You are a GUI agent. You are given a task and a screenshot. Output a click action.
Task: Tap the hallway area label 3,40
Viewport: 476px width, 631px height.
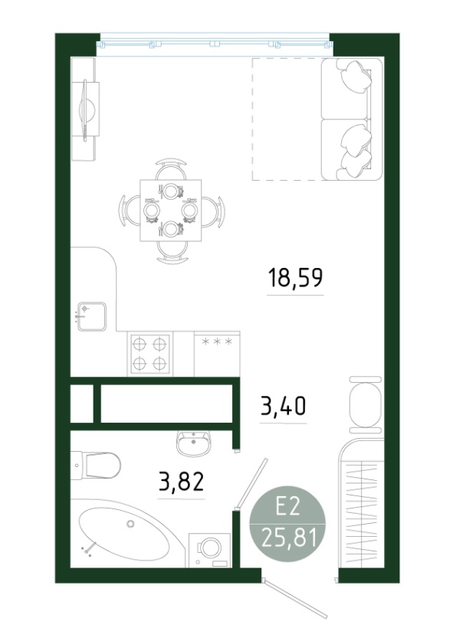(283, 406)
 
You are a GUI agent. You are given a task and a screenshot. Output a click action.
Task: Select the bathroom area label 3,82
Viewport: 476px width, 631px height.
(181, 482)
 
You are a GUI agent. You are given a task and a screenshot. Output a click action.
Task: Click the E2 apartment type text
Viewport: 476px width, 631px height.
(288, 508)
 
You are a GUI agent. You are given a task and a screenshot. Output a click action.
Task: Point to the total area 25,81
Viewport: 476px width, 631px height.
(288, 537)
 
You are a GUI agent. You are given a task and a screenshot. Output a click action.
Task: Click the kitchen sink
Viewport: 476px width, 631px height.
(92, 317)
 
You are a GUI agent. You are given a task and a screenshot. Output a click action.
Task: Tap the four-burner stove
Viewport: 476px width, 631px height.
(149, 354)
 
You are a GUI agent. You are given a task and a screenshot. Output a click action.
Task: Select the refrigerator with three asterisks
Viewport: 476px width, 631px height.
(217, 354)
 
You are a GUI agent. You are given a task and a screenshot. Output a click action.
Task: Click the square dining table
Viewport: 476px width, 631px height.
(171, 211)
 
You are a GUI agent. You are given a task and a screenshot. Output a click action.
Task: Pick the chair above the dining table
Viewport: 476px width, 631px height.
(172, 169)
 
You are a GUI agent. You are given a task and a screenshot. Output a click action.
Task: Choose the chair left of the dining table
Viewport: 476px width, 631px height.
(130, 211)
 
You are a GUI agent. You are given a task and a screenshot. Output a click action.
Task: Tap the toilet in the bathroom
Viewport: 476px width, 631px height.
(96, 465)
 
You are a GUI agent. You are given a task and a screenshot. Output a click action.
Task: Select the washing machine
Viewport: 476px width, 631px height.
(210, 550)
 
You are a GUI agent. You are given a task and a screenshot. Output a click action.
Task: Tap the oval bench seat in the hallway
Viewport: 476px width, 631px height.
(365, 405)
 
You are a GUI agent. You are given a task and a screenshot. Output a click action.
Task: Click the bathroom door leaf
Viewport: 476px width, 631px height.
(252, 482)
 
